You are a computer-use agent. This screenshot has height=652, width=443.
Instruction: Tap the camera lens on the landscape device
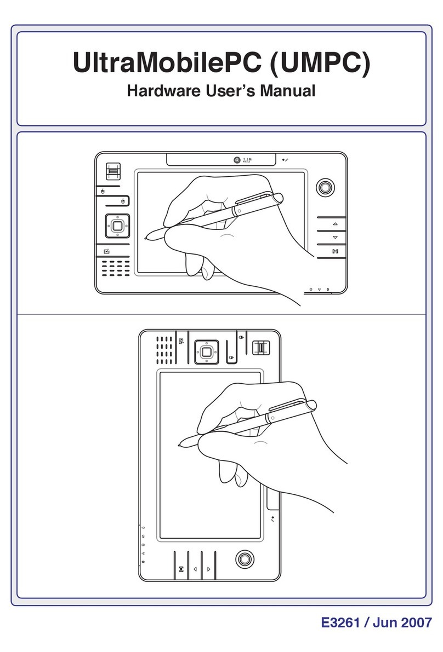[236, 160]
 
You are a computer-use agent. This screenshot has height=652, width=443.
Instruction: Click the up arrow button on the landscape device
[335, 225]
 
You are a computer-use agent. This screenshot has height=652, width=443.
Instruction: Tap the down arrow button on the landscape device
[335, 238]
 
